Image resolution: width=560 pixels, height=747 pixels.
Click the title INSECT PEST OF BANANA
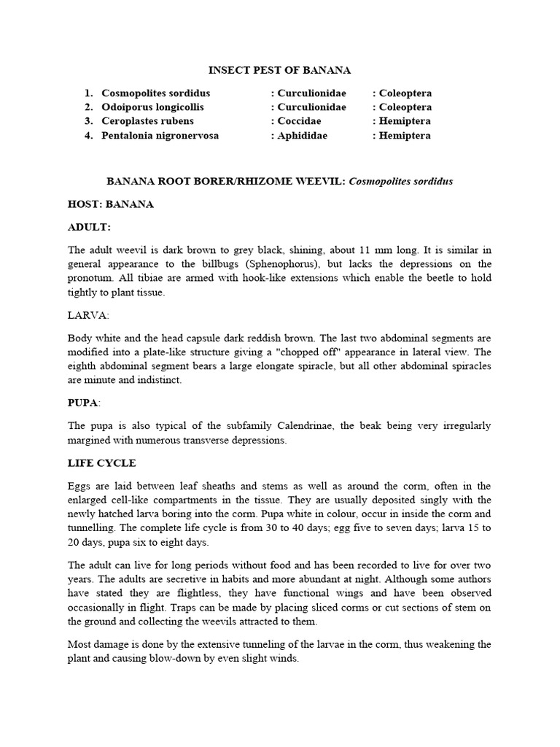279,70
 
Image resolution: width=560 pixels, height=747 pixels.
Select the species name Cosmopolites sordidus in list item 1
156,93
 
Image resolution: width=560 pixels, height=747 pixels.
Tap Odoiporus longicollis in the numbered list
152,107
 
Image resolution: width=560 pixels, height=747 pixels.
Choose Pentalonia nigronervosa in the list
160,136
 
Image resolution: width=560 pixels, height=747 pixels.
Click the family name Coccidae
300,121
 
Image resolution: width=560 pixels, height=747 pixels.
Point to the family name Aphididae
302,136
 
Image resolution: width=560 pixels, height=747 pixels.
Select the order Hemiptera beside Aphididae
405,136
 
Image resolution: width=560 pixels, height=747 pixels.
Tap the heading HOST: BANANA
110,204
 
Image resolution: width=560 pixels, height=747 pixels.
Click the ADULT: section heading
89,228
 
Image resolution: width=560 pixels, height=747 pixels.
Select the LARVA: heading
88,315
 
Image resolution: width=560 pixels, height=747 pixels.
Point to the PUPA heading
83,402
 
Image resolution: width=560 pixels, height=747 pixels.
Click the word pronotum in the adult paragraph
91,278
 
